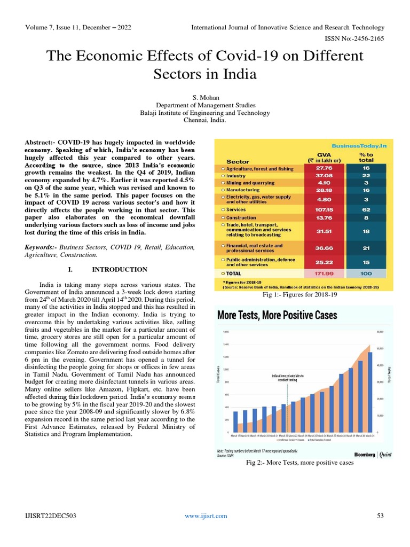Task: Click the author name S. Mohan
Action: tap(205, 98)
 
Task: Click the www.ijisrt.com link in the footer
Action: tap(206, 515)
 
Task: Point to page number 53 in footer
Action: tap(380, 515)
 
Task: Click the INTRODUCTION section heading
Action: tap(120, 269)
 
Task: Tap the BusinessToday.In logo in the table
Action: tap(359, 145)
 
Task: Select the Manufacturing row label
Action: tap(242, 190)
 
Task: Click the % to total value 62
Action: tap(366, 210)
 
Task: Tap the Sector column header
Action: tap(238, 161)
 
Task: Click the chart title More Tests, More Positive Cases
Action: tap(277, 315)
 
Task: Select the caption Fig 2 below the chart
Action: tap(299, 463)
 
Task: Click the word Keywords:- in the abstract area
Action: tap(42, 247)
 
